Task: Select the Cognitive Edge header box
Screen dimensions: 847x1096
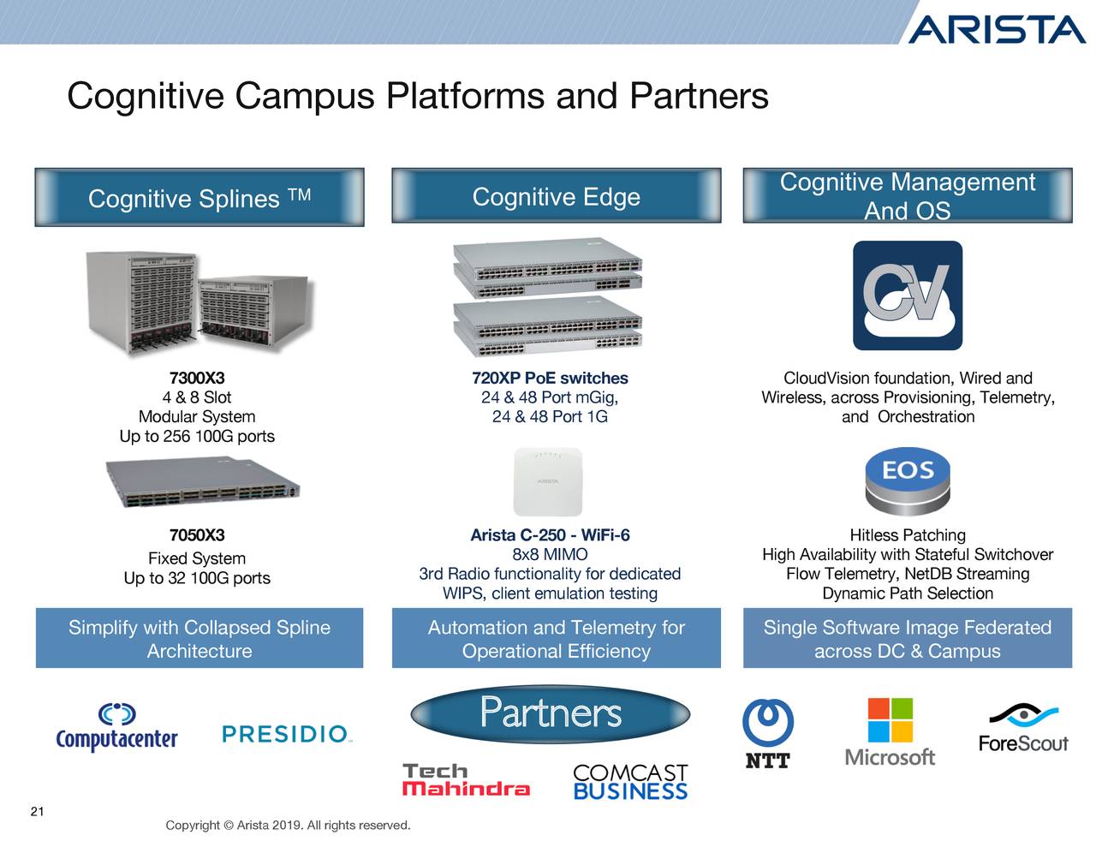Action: pos(556,197)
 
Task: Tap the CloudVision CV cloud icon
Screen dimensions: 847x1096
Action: pos(907,295)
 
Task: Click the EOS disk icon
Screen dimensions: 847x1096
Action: pos(908,484)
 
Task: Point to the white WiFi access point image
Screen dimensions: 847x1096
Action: pos(548,480)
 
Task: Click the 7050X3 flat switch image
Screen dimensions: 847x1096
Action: pos(202,486)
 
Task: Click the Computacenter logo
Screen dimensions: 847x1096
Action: pos(116,728)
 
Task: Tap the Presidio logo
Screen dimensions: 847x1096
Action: pos(287,734)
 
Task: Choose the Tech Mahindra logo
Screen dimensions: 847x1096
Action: pos(466,780)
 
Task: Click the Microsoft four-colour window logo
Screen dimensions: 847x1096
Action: pos(890,720)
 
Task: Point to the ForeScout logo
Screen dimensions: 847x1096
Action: pos(1023,729)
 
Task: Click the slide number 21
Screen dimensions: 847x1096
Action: pos(37,812)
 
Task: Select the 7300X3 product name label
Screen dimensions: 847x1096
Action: pos(197,379)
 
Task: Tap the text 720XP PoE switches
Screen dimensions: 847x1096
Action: pos(550,379)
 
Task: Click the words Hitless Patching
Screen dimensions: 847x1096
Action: pos(908,535)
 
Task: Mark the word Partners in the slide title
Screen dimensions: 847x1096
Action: pos(699,96)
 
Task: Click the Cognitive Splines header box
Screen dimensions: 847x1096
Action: pos(200,198)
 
